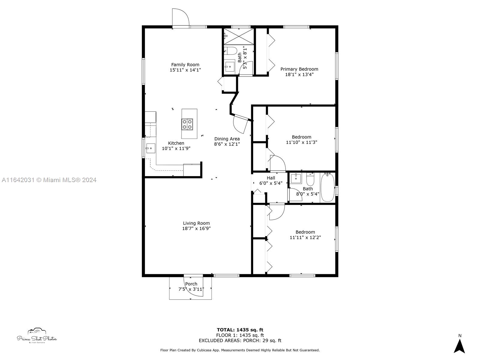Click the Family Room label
pos(185,64)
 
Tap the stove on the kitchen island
pos(187,124)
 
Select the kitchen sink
pos(151,148)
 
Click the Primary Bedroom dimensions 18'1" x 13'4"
pos(299,74)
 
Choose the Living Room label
pos(196,223)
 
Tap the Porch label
pos(191,284)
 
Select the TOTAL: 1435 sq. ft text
pos(240,330)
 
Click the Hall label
pos(271,178)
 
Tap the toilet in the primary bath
pos(230,50)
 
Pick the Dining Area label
pos(227,139)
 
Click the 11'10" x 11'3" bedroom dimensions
pos(301,142)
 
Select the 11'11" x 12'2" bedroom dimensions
pos(305,238)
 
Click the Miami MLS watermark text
pos(49,180)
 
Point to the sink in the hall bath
pos(296,178)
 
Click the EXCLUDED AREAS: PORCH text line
pos(240,340)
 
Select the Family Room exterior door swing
pos(180,18)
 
